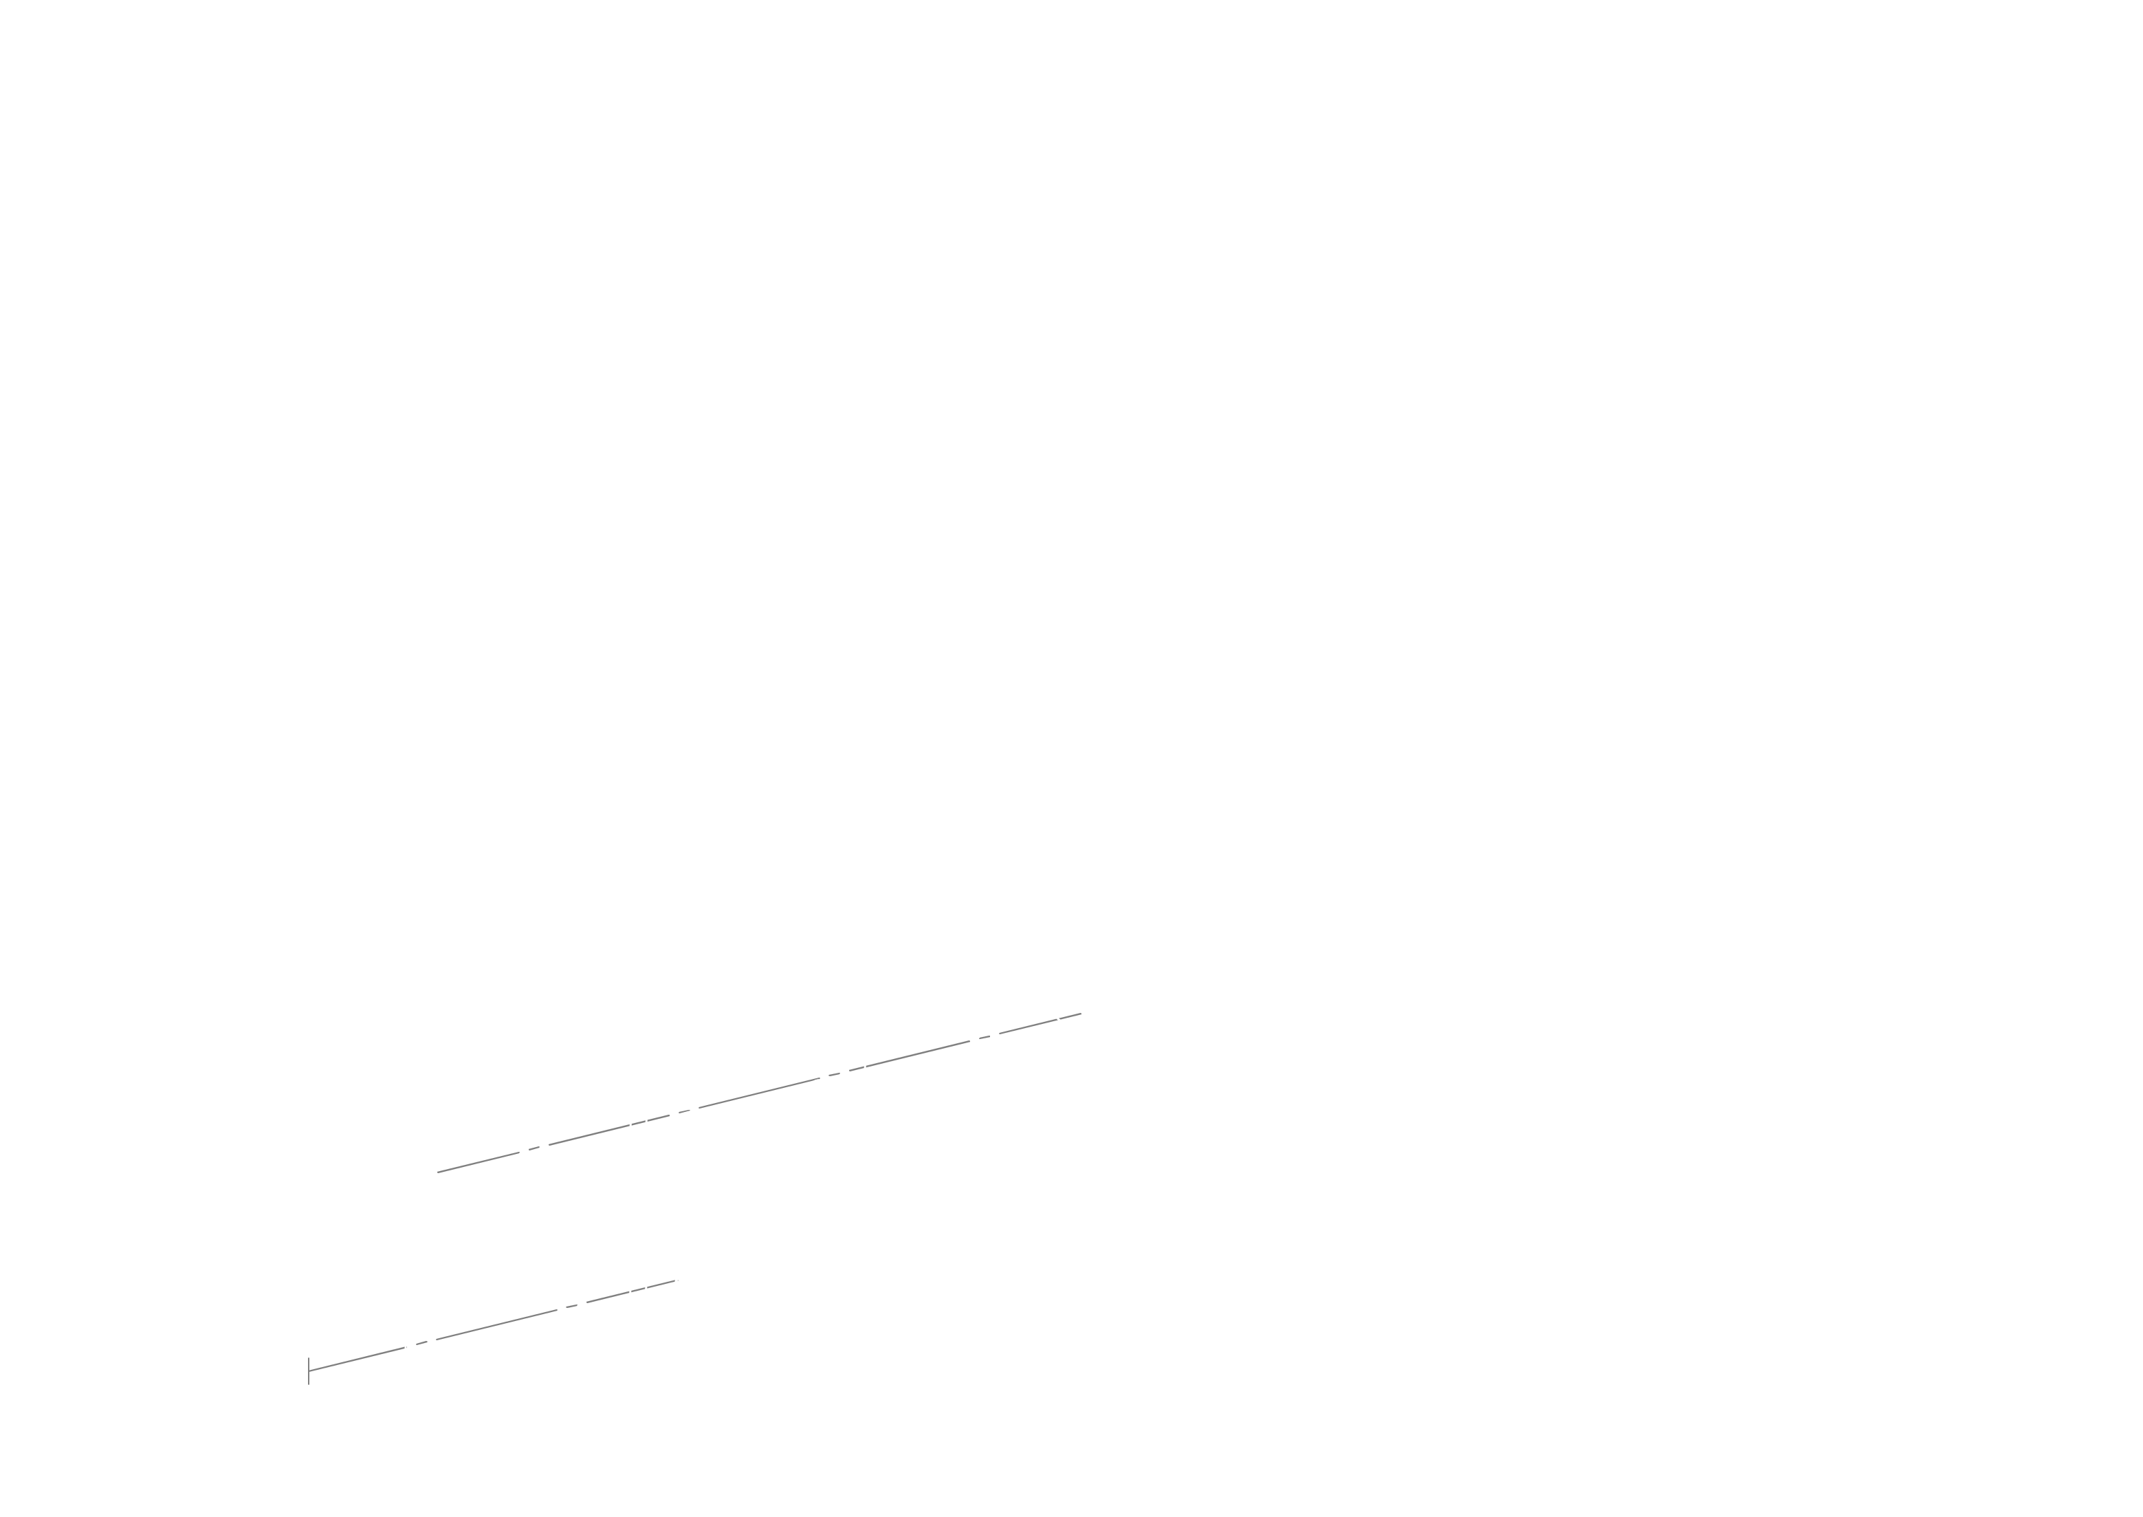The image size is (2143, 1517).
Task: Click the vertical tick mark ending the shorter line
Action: click(x=308, y=1371)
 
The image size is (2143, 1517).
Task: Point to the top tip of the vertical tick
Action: click(x=308, y=1357)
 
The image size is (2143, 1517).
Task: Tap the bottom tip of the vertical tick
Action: click(x=308, y=1384)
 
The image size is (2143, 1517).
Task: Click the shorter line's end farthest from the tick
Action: click(x=675, y=1280)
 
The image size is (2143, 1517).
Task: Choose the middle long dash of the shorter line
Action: click(x=497, y=1324)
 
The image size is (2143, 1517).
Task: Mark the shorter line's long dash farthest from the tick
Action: click(x=630, y=1292)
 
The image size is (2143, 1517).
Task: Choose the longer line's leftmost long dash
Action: click(x=478, y=1162)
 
